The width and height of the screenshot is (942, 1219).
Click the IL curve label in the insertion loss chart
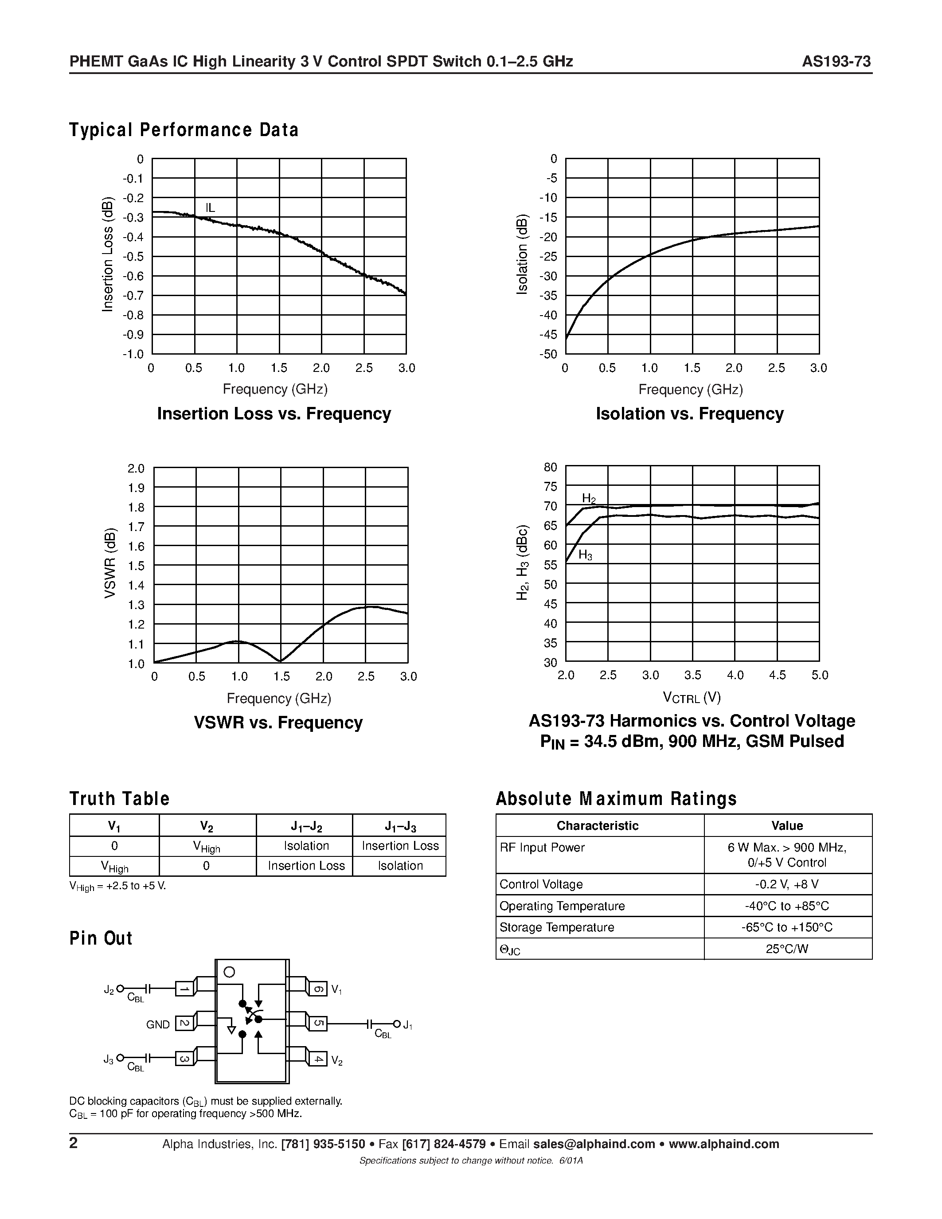tap(210, 208)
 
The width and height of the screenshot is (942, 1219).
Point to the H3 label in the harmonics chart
tap(585, 555)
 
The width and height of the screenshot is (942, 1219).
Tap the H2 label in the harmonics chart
tap(589, 498)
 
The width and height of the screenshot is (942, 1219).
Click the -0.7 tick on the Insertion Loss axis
tap(133, 296)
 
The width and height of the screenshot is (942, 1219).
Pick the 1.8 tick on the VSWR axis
tap(136, 508)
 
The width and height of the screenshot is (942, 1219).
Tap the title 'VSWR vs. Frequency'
tap(278, 723)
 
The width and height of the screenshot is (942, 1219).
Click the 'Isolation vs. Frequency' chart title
tap(689, 414)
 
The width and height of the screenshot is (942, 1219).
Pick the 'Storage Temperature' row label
tap(556, 927)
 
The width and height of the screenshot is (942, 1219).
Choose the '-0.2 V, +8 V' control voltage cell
tap(787, 884)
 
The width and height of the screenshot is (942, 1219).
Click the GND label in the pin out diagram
tap(158, 1025)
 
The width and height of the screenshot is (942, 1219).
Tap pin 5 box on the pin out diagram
tap(318, 1024)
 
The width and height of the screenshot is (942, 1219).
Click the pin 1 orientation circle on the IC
tap(229, 972)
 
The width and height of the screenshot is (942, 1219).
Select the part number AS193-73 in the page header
tap(836, 62)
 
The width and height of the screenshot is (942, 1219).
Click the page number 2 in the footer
tap(73, 1143)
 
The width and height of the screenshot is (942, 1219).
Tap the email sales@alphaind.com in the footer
tap(594, 1144)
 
